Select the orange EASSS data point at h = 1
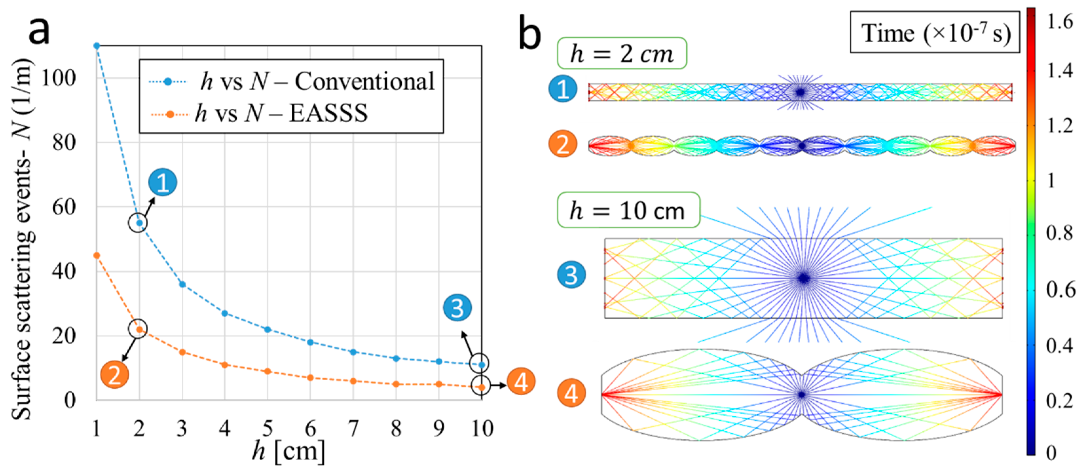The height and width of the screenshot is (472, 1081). tap(97, 255)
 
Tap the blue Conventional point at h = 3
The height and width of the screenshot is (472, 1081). tap(182, 284)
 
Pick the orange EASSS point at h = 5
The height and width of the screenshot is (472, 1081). tap(268, 371)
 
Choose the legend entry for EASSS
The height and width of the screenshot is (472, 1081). tap(281, 113)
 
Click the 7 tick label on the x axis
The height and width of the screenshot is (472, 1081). tap(353, 428)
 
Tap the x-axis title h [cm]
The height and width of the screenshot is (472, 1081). tap(288, 451)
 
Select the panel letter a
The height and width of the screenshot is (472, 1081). tap(39, 30)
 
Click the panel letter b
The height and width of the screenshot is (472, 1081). tap(530, 34)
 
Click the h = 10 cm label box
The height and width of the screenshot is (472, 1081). tap(628, 210)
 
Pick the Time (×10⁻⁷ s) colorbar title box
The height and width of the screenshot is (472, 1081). tap(935, 33)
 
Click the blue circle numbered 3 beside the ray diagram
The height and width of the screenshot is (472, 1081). tap(571, 275)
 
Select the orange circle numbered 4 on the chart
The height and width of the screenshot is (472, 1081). tap(521, 382)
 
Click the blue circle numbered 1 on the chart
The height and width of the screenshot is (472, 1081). tap(162, 182)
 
